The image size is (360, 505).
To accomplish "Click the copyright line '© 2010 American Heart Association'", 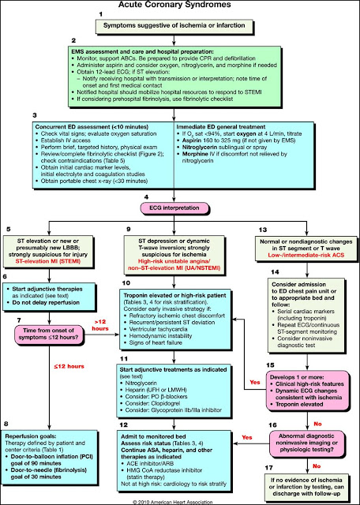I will click(181, 499).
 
